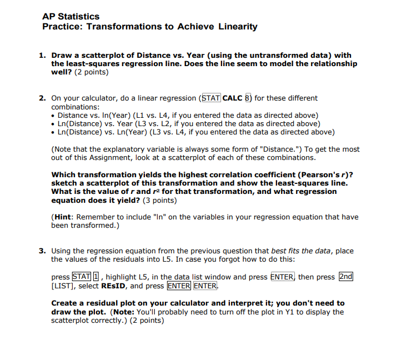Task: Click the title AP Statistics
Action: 71,16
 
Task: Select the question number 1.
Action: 42,56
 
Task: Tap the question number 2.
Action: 42,98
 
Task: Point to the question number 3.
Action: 42,251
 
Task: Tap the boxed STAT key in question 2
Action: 210,98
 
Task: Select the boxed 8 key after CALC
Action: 248,98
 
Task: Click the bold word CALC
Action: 233,98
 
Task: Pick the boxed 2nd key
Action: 346,277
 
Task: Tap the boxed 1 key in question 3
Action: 94,277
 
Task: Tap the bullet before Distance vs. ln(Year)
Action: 53,116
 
